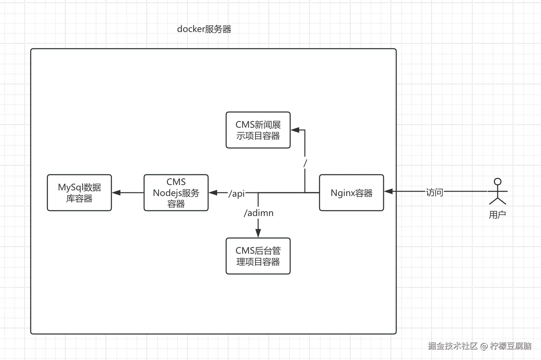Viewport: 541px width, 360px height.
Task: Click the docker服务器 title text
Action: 204,29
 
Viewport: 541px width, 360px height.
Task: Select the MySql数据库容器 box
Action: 79,193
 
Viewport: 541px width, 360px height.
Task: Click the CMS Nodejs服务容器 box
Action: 176,193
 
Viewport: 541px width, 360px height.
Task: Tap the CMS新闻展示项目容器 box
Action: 258,130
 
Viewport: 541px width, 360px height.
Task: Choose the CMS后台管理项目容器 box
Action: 258,256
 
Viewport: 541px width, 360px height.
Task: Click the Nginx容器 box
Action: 351,193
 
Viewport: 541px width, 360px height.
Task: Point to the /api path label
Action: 236,193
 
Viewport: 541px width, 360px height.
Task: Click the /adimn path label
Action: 258,213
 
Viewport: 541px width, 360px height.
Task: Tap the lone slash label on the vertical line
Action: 305,163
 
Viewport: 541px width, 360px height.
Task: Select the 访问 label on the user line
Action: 434,192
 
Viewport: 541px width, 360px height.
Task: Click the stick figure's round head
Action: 498,182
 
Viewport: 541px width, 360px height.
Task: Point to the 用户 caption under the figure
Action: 497,215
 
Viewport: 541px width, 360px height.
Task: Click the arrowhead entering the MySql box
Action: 116,193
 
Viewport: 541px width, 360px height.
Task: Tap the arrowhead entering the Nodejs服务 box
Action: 213,193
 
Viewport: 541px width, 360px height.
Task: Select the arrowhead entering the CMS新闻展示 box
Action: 295,130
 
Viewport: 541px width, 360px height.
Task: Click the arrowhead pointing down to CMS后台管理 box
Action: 258,233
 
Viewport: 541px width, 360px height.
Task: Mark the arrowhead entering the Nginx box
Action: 388,191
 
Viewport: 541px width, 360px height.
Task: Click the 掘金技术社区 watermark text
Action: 453,346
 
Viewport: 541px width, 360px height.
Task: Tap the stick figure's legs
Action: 498,201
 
